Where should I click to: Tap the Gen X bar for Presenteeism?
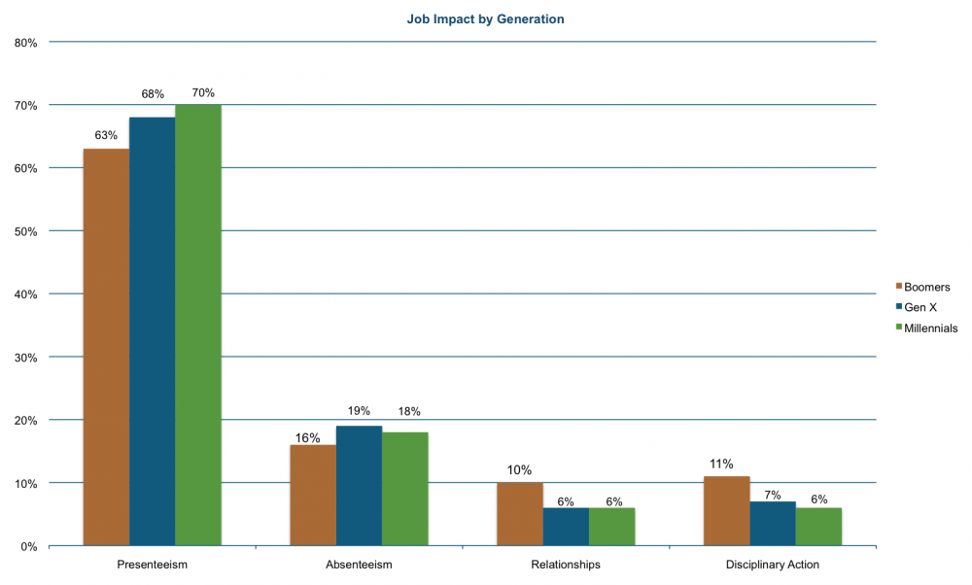pos(153,331)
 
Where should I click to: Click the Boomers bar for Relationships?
pos(520,514)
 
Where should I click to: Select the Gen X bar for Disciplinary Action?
pos(773,524)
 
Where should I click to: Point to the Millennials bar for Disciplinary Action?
pos(818,527)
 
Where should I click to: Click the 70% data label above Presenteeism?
pos(202,92)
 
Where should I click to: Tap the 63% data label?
pos(105,136)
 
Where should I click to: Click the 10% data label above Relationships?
pos(520,470)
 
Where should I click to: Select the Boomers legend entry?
pos(925,287)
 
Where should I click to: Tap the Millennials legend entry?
pos(930,327)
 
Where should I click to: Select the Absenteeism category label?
pos(359,564)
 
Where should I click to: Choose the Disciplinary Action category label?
pos(773,564)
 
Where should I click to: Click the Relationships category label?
pos(566,564)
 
